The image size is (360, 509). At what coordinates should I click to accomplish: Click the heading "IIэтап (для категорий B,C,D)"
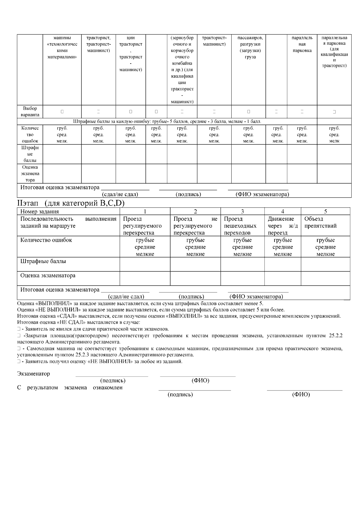[71, 203]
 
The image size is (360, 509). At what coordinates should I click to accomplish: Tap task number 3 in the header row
[242, 211]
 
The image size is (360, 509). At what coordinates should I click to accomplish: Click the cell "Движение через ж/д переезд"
[283, 226]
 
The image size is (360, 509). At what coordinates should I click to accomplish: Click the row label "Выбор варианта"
[30, 112]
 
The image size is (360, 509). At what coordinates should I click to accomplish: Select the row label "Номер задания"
[40, 211]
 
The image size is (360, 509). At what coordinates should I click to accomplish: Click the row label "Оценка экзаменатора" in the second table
[48, 275]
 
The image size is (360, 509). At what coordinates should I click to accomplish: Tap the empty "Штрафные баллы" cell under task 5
[325, 265]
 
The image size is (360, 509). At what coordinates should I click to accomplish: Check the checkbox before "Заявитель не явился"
[19, 329]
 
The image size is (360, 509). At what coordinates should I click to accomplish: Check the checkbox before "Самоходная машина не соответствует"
[19, 349]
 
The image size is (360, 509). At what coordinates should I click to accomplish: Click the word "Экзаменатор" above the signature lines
[34, 374]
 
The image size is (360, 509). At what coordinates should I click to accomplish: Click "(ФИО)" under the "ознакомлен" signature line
[301, 395]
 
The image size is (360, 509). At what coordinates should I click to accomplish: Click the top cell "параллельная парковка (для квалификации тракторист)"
[334, 52]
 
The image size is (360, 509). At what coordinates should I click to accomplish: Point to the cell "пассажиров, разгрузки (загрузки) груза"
[248, 47]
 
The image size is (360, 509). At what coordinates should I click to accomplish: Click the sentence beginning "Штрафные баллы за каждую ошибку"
[167, 121]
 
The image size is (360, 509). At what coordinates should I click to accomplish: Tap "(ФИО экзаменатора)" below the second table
[256, 297]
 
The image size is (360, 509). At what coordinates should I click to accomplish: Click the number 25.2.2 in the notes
[336, 335]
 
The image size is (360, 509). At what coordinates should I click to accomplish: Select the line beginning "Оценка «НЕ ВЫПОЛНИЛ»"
[151, 310]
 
